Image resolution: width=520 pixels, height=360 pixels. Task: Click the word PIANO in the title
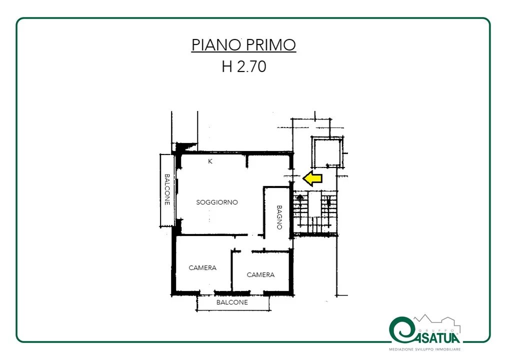(x=216, y=45)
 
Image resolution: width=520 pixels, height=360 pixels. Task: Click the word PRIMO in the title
(x=270, y=45)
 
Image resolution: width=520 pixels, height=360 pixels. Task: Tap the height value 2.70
(x=251, y=66)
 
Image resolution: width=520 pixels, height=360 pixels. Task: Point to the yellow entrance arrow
(x=312, y=178)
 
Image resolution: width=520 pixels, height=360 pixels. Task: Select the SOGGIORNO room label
(x=217, y=202)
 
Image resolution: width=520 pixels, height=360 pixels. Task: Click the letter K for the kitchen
(x=210, y=161)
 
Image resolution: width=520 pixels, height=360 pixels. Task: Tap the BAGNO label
(x=279, y=217)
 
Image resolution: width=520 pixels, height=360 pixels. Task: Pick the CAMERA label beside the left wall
(x=202, y=268)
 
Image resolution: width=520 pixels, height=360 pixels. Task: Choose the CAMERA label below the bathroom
(x=260, y=275)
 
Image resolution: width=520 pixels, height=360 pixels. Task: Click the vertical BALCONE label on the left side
(x=167, y=189)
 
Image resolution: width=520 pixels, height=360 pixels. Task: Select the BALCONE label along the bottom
(x=232, y=302)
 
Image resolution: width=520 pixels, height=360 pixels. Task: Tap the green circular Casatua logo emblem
(x=402, y=330)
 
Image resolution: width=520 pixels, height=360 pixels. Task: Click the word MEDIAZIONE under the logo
(x=401, y=349)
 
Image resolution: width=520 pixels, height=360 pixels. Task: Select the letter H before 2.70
(x=227, y=66)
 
